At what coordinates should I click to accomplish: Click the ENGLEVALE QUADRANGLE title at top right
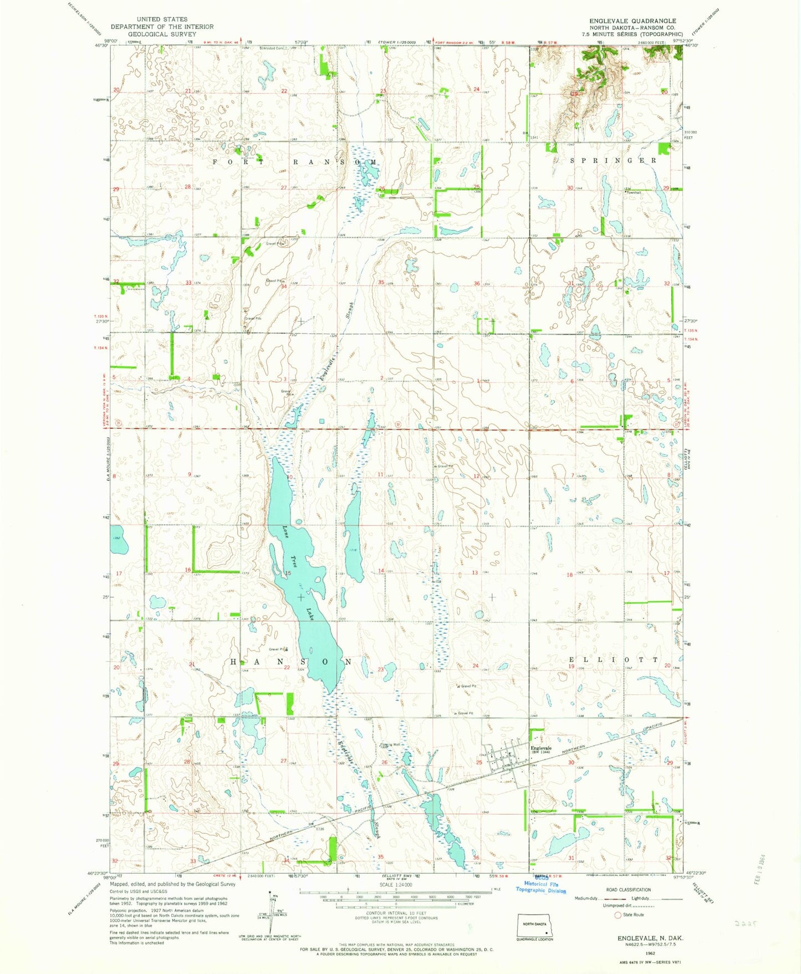point(632,21)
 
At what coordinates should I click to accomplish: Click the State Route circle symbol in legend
point(618,915)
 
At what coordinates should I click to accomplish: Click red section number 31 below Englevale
point(570,858)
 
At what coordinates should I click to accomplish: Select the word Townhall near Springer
point(633,193)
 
